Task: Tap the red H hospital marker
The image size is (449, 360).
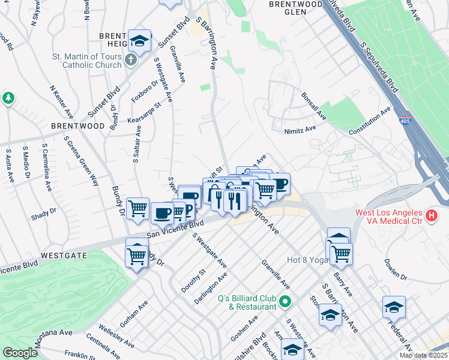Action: [430, 215]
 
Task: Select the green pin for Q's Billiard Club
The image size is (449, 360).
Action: [285, 301]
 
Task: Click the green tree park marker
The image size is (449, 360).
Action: [8, 98]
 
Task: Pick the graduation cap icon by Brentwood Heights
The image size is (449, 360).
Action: [140, 43]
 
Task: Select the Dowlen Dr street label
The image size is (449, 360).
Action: [395, 269]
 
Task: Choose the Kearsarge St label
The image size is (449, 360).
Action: [145, 113]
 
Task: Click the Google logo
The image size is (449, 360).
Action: [20, 353]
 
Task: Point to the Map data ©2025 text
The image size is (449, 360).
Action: [424, 355]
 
